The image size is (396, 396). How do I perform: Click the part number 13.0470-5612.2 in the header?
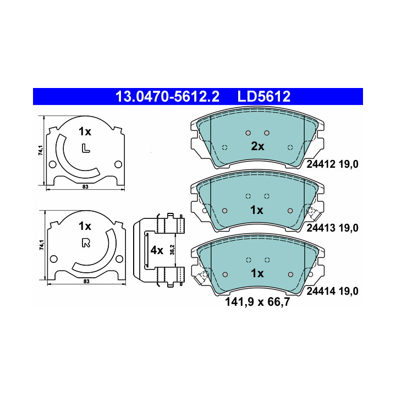pyautogui.click(x=167, y=96)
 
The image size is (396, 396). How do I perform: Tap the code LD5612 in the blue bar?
pyautogui.click(x=264, y=96)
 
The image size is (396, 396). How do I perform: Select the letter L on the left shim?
pyautogui.click(x=86, y=148)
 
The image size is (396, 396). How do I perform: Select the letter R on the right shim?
pyautogui.click(x=86, y=243)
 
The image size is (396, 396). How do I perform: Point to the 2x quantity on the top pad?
pyautogui.click(x=257, y=146)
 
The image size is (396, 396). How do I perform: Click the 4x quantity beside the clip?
pyautogui.click(x=157, y=250)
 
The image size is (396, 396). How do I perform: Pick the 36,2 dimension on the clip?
pyautogui.click(x=172, y=250)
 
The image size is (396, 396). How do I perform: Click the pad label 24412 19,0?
pyautogui.click(x=332, y=164)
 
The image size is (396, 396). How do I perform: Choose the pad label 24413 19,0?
pyautogui.click(x=332, y=228)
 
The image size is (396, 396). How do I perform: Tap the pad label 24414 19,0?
pyautogui.click(x=332, y=291)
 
